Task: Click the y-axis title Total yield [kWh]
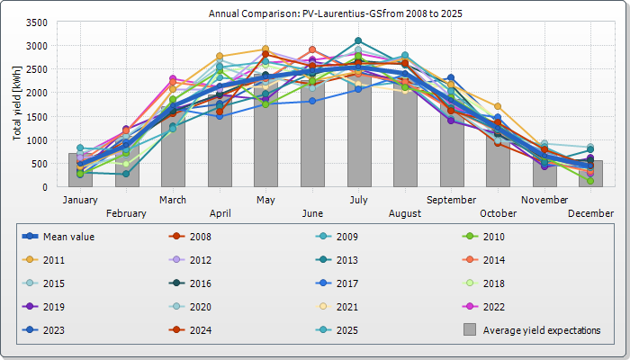pos(17,103)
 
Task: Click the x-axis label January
pos(79,199)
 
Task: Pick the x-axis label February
pos(126,213)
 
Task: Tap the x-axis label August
pos(405,213)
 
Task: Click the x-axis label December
pos(590,213)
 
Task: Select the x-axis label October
pos(498,213)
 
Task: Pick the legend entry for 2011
pos(54,260)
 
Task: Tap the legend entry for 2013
pos(346,260)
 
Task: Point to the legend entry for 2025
pos(346,330)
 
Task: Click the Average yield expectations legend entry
pos(541,330)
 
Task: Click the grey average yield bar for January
pos(80,171)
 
